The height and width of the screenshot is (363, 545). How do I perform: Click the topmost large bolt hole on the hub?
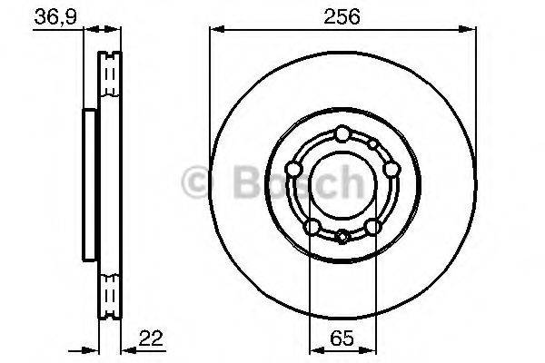342,134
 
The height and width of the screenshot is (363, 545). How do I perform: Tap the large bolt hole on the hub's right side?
391,169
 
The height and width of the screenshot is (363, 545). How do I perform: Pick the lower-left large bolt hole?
312,226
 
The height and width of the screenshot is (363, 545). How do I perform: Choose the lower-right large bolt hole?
372,226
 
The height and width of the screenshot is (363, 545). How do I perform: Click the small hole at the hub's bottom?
342,238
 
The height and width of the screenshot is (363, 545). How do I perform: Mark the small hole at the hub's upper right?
372,143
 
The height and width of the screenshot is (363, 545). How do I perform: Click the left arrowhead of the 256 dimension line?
215,31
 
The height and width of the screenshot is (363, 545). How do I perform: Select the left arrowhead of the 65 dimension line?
314,349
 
